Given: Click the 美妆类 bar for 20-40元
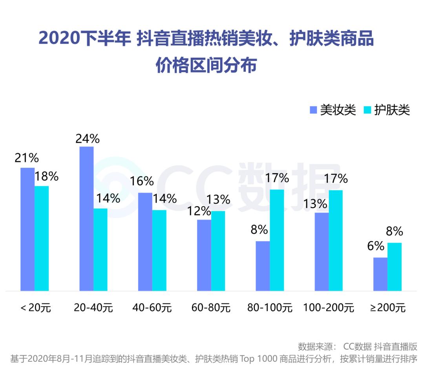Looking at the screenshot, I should (86, 218).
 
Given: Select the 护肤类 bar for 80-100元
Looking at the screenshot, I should (277, 240).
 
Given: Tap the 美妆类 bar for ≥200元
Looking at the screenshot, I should (380, 274).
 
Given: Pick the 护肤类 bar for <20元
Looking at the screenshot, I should (42, 238).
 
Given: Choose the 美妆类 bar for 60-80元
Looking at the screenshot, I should (204, 255).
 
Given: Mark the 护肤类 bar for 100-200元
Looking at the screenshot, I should (336, 240).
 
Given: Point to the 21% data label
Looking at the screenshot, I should (27, 158).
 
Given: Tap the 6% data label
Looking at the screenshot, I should (376, 246).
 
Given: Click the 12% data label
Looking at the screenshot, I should (199, 211).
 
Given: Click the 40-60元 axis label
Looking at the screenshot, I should (152, 307).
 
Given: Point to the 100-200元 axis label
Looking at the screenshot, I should (329, 307).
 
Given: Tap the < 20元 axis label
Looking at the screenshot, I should (35, 307).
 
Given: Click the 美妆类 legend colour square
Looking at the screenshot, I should (313, 110).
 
